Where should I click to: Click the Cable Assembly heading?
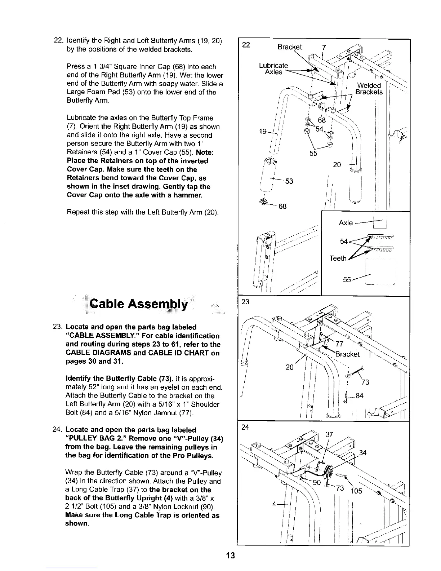139,305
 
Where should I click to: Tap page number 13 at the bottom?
231,555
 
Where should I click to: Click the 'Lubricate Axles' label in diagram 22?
273,68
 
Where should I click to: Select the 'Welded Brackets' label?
369,89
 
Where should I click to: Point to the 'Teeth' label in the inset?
338,258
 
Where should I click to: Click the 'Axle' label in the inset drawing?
346,223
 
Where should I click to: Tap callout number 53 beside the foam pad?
289,181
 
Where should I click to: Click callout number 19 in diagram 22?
263,132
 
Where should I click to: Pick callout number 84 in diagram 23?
360,396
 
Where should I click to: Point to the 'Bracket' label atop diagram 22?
290,47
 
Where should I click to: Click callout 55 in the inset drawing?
347,279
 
